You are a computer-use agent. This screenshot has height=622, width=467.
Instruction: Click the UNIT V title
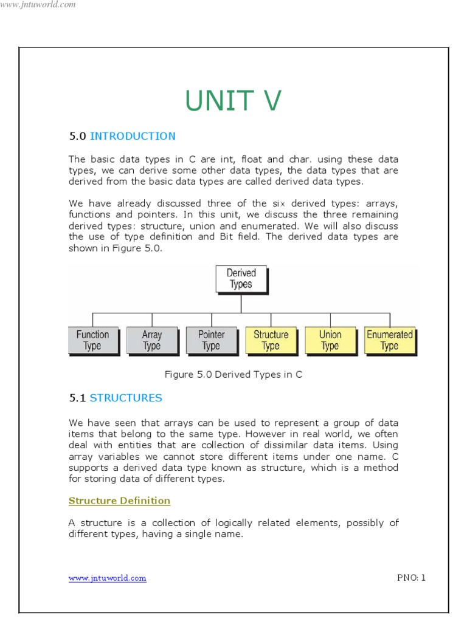[233, 100]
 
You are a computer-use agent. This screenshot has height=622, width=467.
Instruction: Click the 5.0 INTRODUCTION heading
[122, 136]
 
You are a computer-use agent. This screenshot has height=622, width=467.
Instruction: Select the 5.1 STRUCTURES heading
[116, 398]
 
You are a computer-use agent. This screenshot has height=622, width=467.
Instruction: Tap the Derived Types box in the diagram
[241, 279]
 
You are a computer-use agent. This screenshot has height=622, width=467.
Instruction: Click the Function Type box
[92, 340]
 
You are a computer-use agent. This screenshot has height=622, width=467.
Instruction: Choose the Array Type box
[151, 340]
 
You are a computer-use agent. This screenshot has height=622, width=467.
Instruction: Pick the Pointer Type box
[211, 340]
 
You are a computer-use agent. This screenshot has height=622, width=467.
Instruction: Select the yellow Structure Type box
[271, 340]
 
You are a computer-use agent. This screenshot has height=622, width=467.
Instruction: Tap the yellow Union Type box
[330, 340]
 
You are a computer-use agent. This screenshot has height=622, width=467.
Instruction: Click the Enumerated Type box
[389, 340]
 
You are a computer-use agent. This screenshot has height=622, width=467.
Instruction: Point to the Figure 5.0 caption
[233, 375]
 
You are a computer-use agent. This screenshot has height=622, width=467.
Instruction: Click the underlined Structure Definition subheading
[119, 501]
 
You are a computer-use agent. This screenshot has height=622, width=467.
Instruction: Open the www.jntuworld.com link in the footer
[107, 578]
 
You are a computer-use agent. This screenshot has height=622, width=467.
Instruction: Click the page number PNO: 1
[411, 578]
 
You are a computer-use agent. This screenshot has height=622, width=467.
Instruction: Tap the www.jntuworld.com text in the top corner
[38, 5]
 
